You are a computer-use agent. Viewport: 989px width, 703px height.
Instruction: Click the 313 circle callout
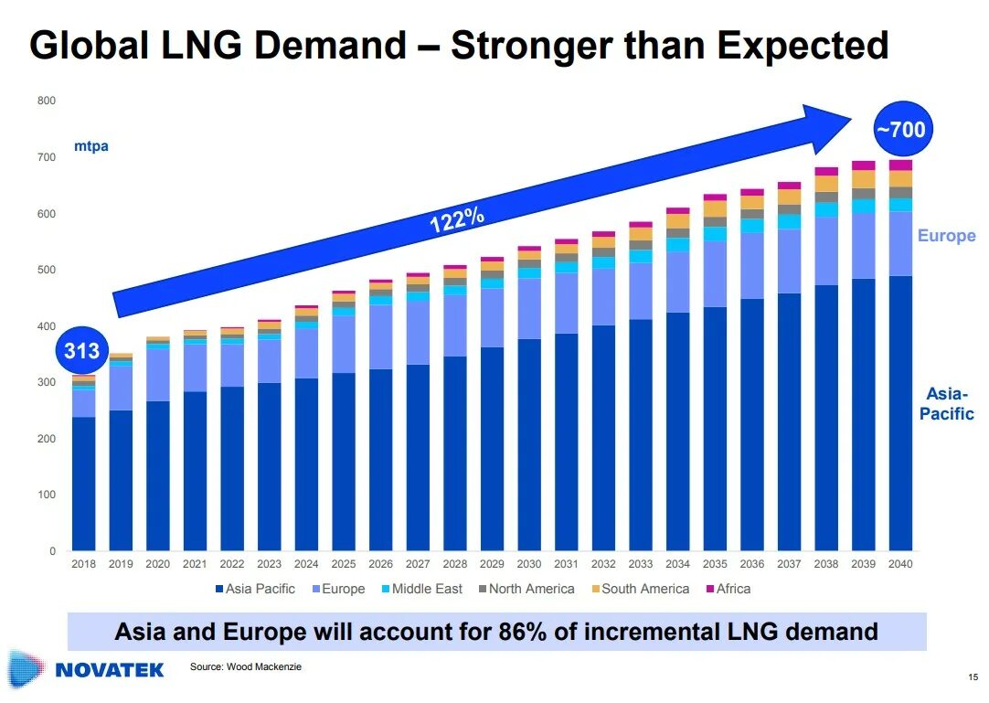pyautogui.click(x=81, y=349)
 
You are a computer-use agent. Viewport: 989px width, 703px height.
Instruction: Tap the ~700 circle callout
pyautogui.click(x=900, y=130)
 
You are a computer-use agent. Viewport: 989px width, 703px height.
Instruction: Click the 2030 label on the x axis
pyautogui.click(x=528, y=564)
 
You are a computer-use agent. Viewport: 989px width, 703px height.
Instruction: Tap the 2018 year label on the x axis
pyautogui.click(x=84, y=564)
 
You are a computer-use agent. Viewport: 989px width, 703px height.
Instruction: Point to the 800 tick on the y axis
pyautogui.click(x=47, y=101)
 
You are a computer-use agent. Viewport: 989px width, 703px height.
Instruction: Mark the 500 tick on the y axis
pyautogui.click(x=47, y=270)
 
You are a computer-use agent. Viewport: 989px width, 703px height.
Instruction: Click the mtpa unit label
pyautogui.click(x=90, y=146)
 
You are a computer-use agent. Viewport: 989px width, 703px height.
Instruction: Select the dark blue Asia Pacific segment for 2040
pyautogui.click(x=899, y=411)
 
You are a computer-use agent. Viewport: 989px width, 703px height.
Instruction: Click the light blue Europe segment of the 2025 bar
pyautogui.click(x=344, y=344)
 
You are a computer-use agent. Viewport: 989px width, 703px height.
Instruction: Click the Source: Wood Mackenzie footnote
pyautogui.click(x=245, y=666)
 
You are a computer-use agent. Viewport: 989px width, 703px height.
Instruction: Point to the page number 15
pyautogui.click(x=972, y=677)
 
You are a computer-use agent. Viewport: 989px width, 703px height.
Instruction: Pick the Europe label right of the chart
pyautogui.click(x=946, y=236)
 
